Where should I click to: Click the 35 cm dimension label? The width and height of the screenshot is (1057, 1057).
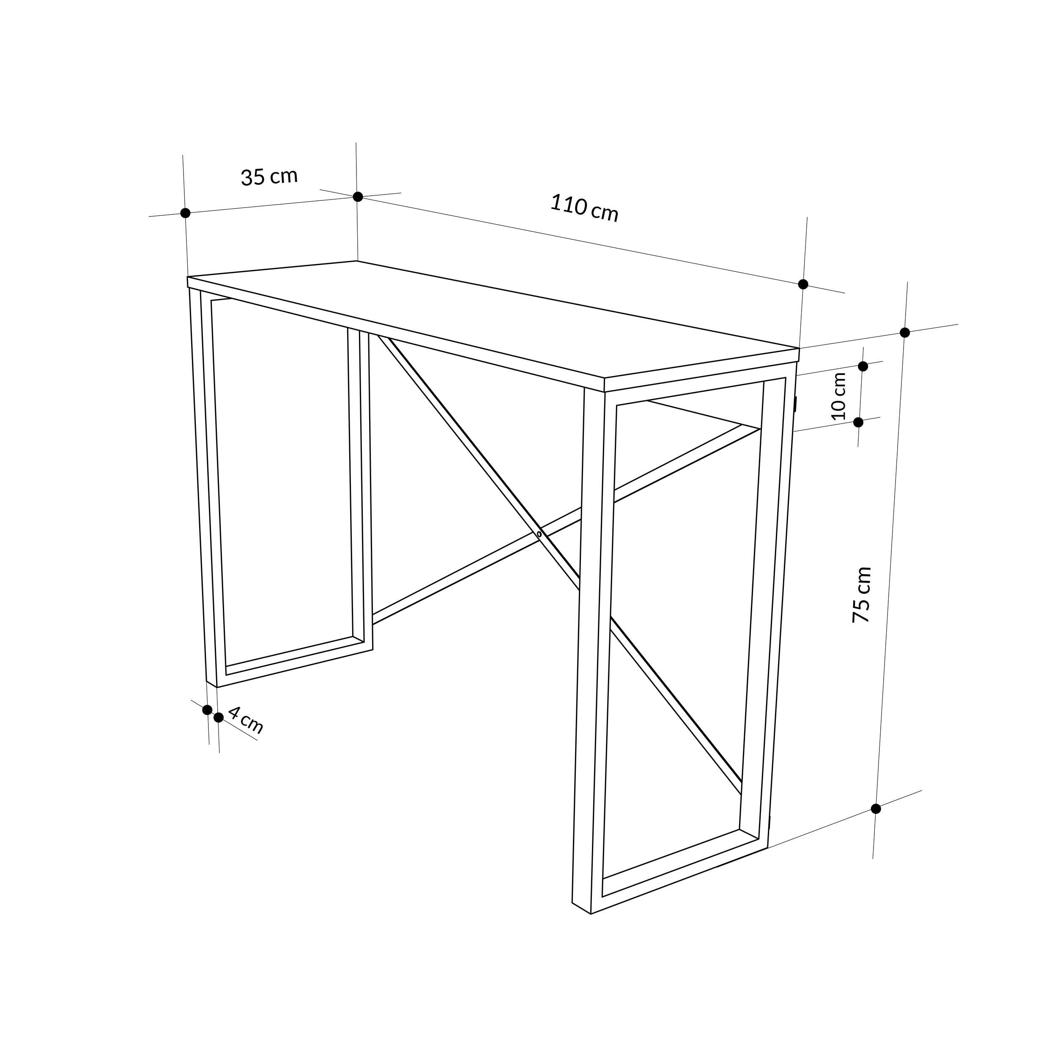[269, 176]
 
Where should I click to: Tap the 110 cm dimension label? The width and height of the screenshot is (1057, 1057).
[584, 208]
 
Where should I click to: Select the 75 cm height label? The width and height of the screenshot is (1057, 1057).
[862, 595]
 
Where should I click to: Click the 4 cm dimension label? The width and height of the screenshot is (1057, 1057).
[246, 720]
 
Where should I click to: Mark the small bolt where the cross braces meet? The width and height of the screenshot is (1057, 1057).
[539, 534]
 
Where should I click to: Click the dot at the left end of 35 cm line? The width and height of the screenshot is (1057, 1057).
[186, 213]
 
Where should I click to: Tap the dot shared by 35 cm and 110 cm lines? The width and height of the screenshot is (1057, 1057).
[358, 197]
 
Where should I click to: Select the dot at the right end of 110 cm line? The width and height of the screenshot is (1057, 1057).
[803, 284]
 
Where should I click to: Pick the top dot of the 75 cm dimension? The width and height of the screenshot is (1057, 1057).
[905, 332]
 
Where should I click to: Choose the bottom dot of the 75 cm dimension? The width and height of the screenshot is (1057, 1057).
[876, 809]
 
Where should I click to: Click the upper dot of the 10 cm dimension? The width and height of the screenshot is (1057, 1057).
[863, 366]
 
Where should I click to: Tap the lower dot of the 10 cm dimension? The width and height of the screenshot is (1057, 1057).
[858, 422]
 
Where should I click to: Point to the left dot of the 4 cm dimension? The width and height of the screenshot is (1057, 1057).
[207, 709]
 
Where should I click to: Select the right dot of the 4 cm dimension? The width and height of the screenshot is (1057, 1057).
[219, 717]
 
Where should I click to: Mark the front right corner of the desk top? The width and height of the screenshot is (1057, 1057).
[605, 378]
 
